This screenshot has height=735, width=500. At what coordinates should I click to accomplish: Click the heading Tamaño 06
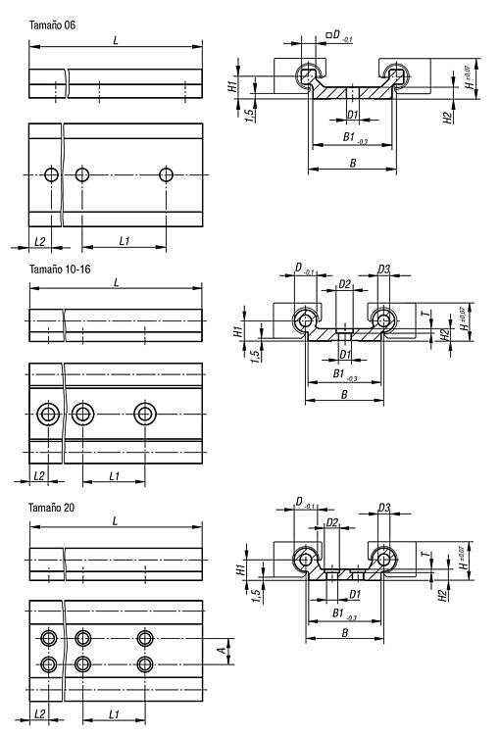[52, 24]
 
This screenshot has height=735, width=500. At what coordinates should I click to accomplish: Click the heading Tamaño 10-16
[60, 269]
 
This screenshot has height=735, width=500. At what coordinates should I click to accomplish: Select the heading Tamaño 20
[51, 508]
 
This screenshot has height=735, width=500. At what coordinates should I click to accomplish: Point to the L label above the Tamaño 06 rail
[116, 40]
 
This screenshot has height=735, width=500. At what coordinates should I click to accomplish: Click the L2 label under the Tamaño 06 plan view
[40, 241]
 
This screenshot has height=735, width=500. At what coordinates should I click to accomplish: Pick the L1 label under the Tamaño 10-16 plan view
[115, 476]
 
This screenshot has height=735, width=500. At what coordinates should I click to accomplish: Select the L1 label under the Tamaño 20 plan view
[114, 714]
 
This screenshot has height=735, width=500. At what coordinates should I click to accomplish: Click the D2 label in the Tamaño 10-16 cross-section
[345, 284]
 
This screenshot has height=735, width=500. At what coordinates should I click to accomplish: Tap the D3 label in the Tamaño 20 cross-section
[384, 508]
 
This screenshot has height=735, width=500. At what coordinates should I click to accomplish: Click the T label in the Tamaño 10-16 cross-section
[425, 313]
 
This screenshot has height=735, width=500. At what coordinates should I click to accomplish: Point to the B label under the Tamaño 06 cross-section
[353, 163]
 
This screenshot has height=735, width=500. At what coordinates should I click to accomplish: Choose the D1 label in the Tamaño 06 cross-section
[353, 114]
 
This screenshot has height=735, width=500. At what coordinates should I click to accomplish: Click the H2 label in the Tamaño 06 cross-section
[448, 118]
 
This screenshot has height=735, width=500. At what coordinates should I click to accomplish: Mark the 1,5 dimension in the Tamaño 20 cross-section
[256, 595]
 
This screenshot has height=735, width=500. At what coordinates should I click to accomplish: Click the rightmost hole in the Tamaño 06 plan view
[166, 174]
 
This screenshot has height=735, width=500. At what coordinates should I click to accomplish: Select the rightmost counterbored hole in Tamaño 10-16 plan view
[145, 414]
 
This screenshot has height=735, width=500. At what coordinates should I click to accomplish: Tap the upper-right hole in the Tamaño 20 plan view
[145, 638]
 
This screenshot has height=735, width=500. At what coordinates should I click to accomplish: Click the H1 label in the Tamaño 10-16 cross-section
[238, 331]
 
